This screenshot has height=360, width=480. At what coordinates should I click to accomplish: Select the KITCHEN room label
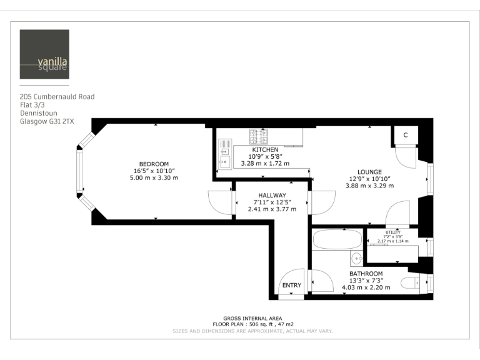click(265, 150)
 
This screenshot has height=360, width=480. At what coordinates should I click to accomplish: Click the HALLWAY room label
click(272, 195)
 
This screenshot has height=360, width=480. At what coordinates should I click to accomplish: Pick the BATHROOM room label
click(366, 274)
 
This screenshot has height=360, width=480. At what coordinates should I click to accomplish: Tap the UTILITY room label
click(392, 232)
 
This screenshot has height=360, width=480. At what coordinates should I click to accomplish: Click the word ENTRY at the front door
click(291, 285)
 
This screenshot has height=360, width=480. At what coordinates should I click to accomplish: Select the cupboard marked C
click(405, 135)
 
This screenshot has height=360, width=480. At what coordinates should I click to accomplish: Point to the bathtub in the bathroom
click(337, 239)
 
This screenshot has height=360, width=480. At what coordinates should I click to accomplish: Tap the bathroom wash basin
click(356, 257)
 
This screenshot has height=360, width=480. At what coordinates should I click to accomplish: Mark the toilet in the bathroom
click(413, 283)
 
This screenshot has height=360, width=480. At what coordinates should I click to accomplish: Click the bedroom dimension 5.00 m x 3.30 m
click(153, 178)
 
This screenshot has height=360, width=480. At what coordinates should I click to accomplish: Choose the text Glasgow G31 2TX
click(47, 122)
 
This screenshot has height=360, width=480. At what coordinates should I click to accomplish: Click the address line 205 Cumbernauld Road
click(57, 97)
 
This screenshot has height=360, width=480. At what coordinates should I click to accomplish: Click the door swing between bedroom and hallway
click(219, 201)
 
